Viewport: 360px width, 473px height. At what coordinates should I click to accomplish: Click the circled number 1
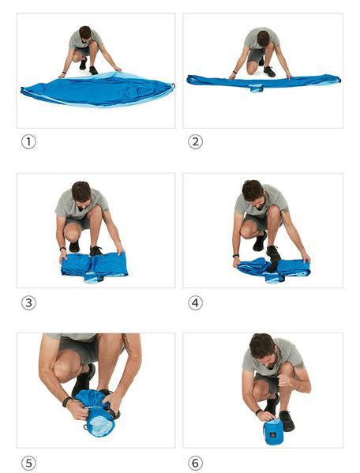point(28,141)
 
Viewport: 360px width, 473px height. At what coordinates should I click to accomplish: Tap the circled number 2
point(195,141)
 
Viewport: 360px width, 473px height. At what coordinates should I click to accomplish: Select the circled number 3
point(28,302)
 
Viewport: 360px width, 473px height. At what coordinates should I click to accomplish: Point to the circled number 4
point(195,302)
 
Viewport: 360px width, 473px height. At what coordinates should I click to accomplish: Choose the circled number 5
point(28,463)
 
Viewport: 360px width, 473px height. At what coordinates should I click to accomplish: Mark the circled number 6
point(195,463)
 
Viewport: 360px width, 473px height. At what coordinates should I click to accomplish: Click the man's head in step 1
point(85,32)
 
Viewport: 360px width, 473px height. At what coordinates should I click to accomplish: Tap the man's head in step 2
point(263,38)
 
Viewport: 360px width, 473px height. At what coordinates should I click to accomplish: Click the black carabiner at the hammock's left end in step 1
point(22,89)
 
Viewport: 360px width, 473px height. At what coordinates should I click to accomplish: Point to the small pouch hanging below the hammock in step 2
point(256,88)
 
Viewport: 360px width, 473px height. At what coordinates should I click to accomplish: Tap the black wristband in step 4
point(235,256)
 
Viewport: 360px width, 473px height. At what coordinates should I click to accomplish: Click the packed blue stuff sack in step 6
point(273,433)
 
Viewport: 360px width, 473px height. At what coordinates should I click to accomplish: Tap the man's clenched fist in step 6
point(284,380)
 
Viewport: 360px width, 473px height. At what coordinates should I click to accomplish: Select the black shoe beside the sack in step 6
point(287,421)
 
